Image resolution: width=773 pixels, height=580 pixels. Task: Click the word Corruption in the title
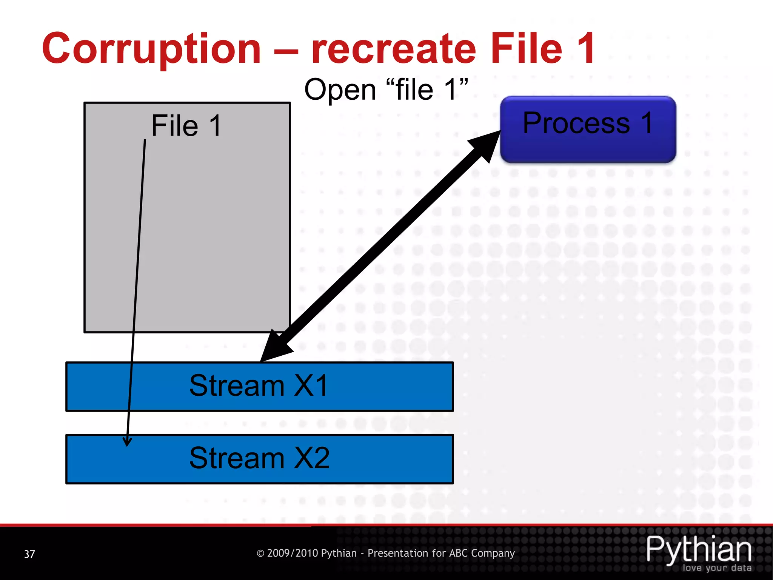tap(151, 49)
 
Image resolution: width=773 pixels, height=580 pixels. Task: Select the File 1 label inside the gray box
tap(186, 126)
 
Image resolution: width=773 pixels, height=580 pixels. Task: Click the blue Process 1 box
tap(588, 130)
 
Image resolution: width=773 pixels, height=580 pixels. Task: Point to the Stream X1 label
tap(259, 386)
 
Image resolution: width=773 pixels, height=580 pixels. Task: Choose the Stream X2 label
tap(260, 458)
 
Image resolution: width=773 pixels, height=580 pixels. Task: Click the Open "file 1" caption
tap(386, 90)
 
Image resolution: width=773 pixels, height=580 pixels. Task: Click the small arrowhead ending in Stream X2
tap(128, 441)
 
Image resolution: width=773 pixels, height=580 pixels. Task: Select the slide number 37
tap(29, 554)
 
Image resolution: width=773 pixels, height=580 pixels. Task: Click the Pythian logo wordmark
tap(699, 550)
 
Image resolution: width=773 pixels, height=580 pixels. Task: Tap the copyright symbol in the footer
tap(260, 554)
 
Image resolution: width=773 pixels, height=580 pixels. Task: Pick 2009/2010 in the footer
tap(293, 553)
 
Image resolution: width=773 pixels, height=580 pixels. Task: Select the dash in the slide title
tap(286, 51)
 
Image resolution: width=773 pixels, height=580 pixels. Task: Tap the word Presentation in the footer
tap(397, 553)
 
